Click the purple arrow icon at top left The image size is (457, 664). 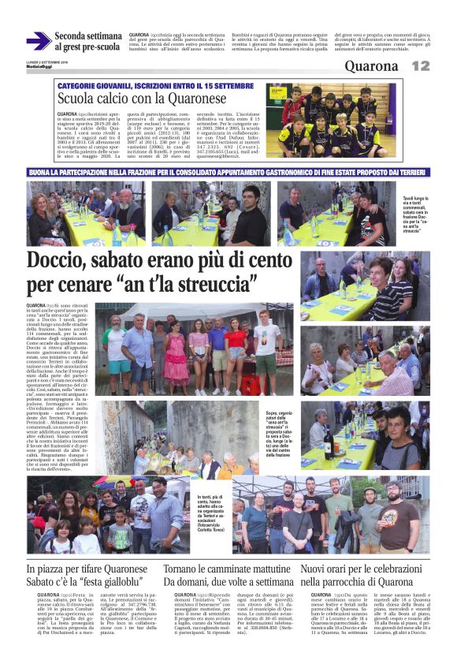coord(38,41)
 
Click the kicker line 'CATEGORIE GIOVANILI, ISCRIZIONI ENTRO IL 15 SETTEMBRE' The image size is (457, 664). coord(147,85)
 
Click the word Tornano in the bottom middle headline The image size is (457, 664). coord(187,569)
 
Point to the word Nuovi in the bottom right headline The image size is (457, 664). coord(318,569)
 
